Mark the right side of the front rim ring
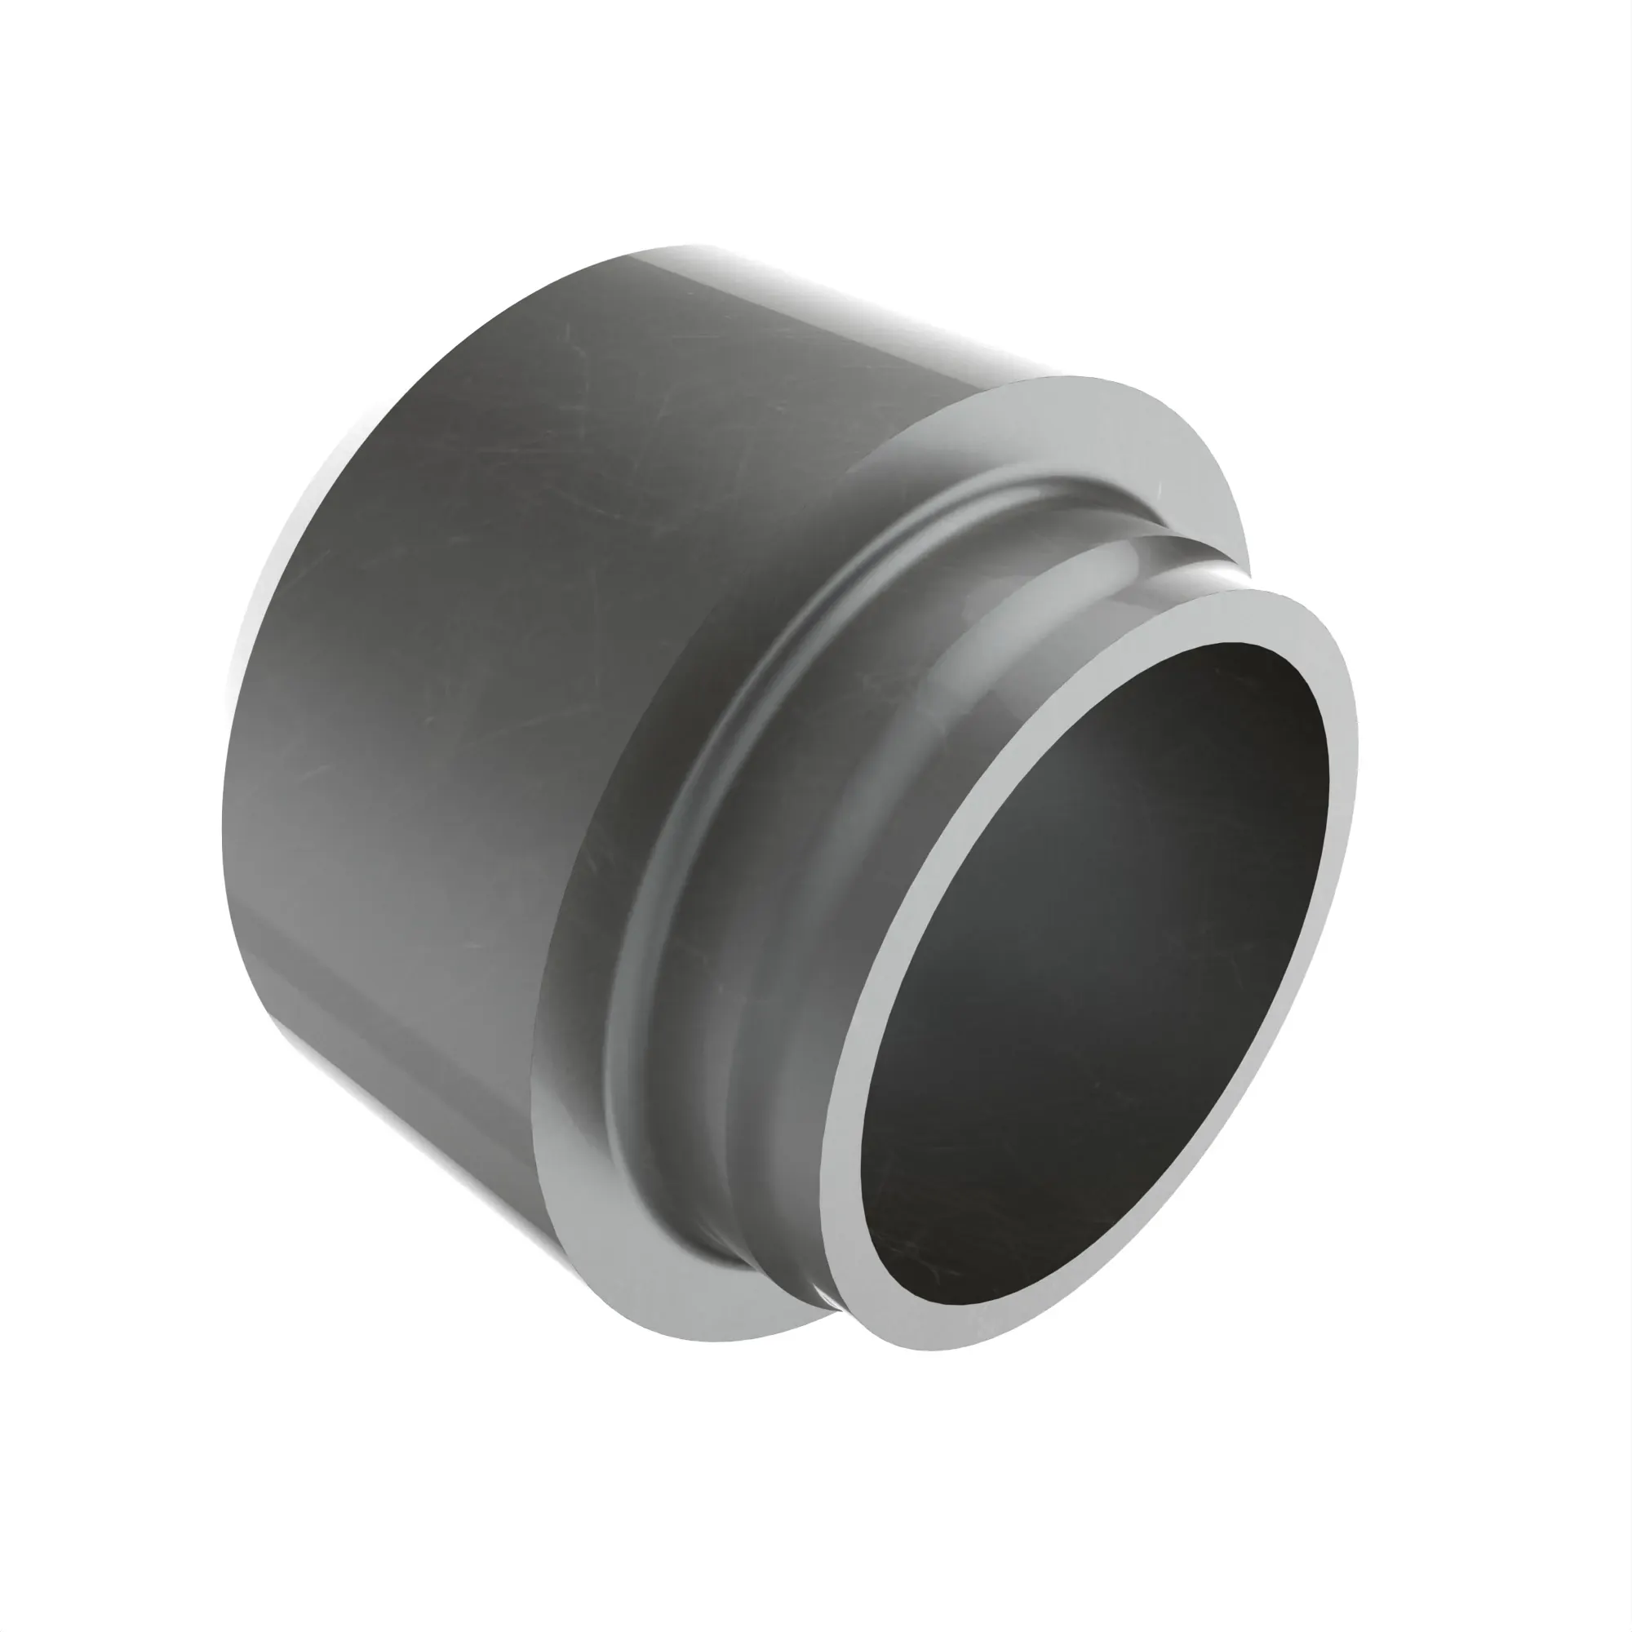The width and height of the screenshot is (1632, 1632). (1343, 811)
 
